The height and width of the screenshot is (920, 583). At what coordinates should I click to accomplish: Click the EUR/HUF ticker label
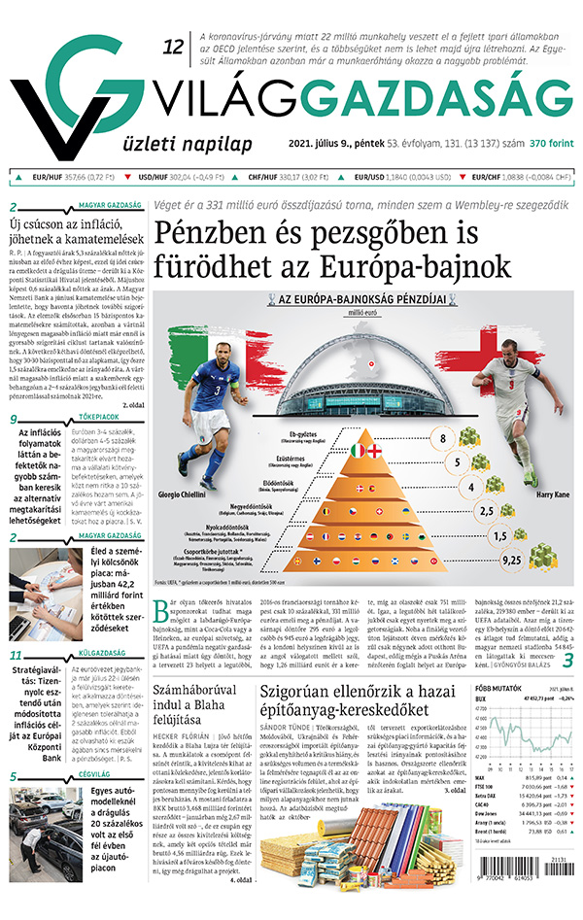(x=46, y=178)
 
